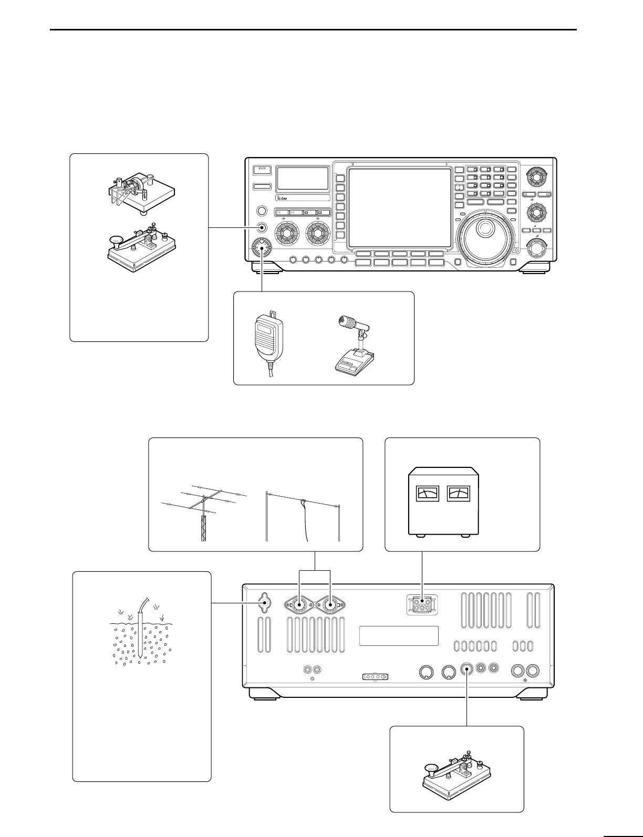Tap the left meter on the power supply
pos(427,494)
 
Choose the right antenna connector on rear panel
pos(329,605)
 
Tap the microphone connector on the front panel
pos(261,248)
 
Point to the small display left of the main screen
pos(303,179)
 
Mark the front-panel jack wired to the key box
pos(262,227)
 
